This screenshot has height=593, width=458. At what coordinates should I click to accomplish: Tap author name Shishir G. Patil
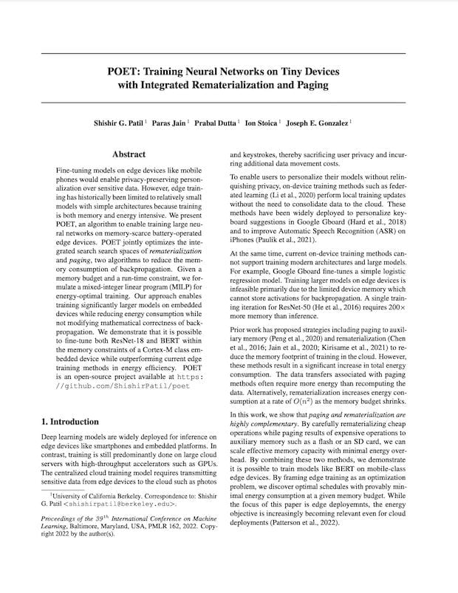click(x=143, y=122)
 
